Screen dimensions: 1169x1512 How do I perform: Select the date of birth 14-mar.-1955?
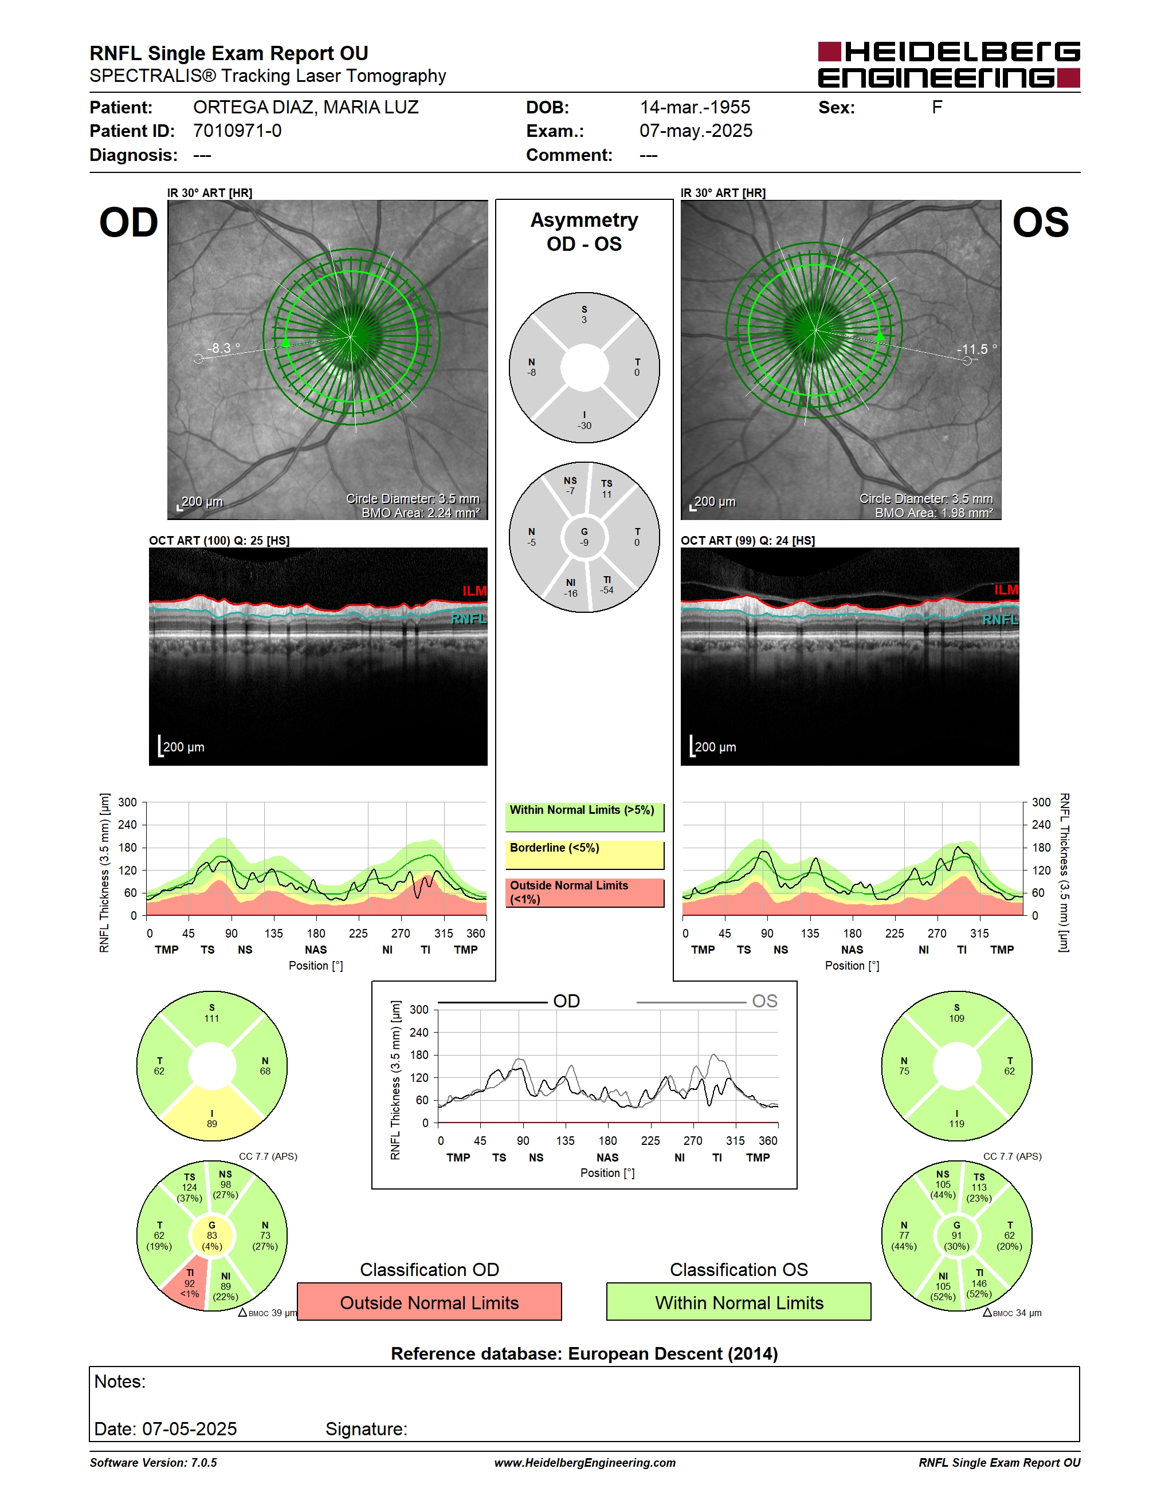click(695, 107)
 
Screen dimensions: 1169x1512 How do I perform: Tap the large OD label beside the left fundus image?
click(129, 223)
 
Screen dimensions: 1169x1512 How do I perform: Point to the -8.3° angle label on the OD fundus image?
click(223, 348)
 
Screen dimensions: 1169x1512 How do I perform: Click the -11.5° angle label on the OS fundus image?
click(976, 349)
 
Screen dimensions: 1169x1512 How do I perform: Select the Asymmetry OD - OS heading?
click(584, 232)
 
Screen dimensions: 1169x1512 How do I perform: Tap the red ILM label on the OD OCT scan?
click(474, 590)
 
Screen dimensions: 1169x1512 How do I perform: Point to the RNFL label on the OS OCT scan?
click(1000, 620)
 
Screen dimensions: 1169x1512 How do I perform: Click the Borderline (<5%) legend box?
click(584, 855)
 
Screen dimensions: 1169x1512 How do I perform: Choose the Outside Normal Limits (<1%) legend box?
click(584, 892)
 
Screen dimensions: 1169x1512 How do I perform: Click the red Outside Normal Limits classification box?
click(429, 1302)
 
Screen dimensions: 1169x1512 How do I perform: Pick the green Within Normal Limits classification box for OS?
click(739, 1302)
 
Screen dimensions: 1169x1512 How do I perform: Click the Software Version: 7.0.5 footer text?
click(153, 1463)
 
